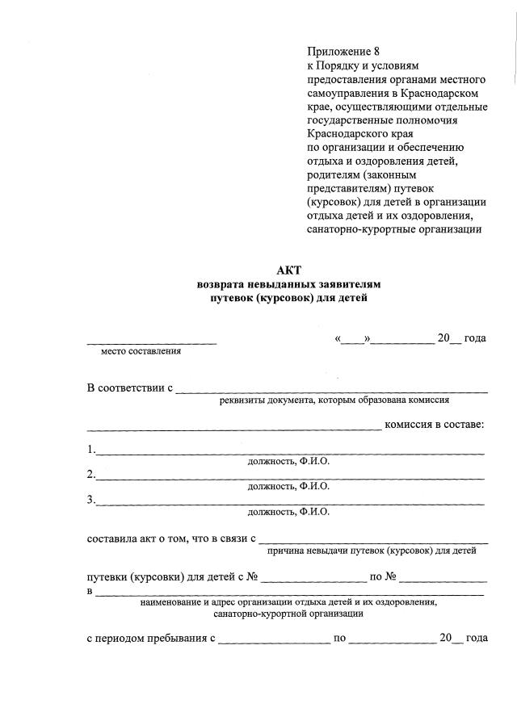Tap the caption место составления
(141, 351)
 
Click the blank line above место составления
(152, 343)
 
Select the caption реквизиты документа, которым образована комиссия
(334, 399)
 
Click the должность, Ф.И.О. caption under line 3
(288, 512)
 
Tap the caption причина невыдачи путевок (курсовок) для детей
(371, 551)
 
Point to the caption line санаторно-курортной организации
(288, 614)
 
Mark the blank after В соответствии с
(331, 391)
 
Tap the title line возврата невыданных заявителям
(287, 285)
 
